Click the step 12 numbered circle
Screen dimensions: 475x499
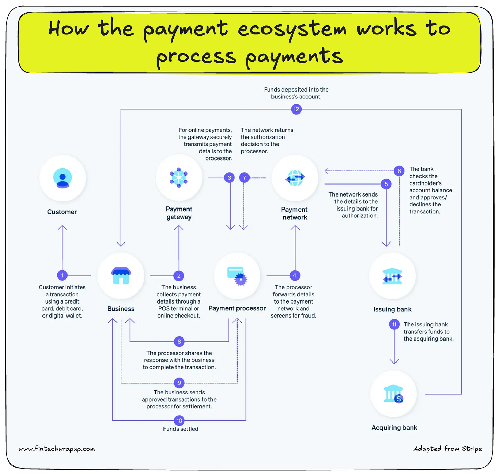[x=296, y=109]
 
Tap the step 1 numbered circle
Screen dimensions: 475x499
[x=62, y=275]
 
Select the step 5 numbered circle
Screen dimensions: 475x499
[x=386, y=184]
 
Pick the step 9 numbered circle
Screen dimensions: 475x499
[x=179, y=383]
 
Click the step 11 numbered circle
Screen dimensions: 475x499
[x=394, y=324]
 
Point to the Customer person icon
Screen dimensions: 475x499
[x=62, y=178]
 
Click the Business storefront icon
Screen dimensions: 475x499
[x=121, y=276]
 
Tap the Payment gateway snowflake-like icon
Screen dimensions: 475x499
[x=179, y=178]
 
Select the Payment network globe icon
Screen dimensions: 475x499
[x=295, y=178]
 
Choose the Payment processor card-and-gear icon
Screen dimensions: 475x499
[x=237, y=276]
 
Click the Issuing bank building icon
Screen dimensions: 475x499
[x=392, y=276]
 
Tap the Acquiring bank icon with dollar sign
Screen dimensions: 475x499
[x=394, y=394]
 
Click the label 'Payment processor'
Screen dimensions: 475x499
[x=237, y=308]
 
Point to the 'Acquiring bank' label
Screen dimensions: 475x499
[x=394, y=428]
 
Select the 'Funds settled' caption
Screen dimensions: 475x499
[x=181, y=429]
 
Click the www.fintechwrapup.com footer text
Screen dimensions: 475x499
[x=57, y=449]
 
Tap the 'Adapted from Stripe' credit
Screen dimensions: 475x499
[x=448, y=449]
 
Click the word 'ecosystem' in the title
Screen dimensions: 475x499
[x=292, y=29]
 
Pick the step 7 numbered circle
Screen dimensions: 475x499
[x=244, y=178]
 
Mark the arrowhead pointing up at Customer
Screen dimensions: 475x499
[x=62, y=227]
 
